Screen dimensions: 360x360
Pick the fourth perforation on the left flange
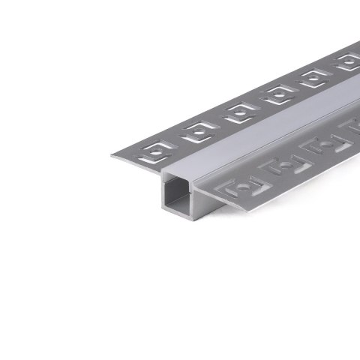(277, 94)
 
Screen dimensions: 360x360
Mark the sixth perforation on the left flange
(346, 62)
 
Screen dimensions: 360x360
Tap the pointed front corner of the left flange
(113, 156)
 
